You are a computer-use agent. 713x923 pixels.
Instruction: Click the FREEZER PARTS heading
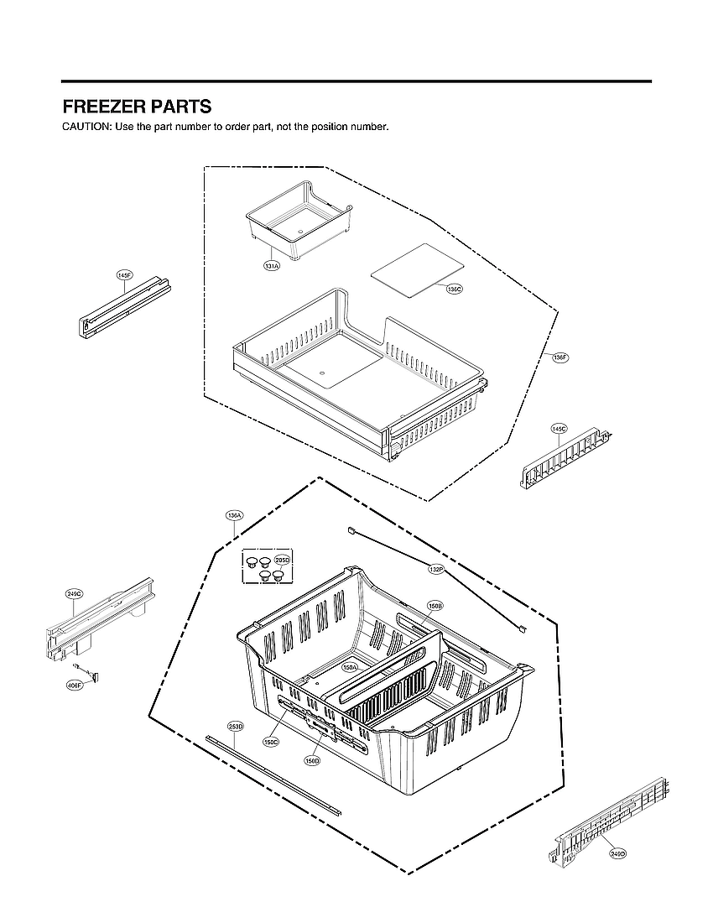[137, 107]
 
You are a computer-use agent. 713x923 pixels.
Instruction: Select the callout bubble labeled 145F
[125, 275]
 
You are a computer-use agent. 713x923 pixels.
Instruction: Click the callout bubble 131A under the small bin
[272, 265]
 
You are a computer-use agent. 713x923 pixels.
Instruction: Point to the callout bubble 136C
[454, 289]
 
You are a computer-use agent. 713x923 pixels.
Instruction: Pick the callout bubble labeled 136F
[560, 357]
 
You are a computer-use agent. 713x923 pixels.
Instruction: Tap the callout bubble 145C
[559, 429]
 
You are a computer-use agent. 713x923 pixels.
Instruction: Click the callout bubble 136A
[234, 514]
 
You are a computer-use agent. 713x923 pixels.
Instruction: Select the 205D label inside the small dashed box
[282, 561]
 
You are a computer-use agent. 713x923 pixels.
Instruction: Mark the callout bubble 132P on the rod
[435, 570]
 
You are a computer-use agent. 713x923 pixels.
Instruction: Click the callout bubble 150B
[435, 605]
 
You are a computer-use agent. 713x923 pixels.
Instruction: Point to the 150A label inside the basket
[351, 667]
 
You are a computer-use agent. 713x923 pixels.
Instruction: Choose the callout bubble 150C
[270, 742]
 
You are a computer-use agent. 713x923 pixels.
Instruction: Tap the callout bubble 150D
[312, 760]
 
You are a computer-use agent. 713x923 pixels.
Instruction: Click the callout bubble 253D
[235, 726]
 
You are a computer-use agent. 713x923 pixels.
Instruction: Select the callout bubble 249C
[74, 594]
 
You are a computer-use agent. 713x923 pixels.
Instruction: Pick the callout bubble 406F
[74, 685]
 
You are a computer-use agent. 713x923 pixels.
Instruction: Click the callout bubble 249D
[617, 853]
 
